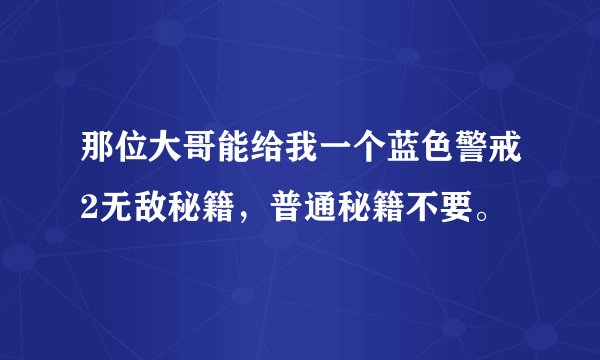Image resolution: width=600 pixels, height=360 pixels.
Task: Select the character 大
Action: (163, 158)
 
